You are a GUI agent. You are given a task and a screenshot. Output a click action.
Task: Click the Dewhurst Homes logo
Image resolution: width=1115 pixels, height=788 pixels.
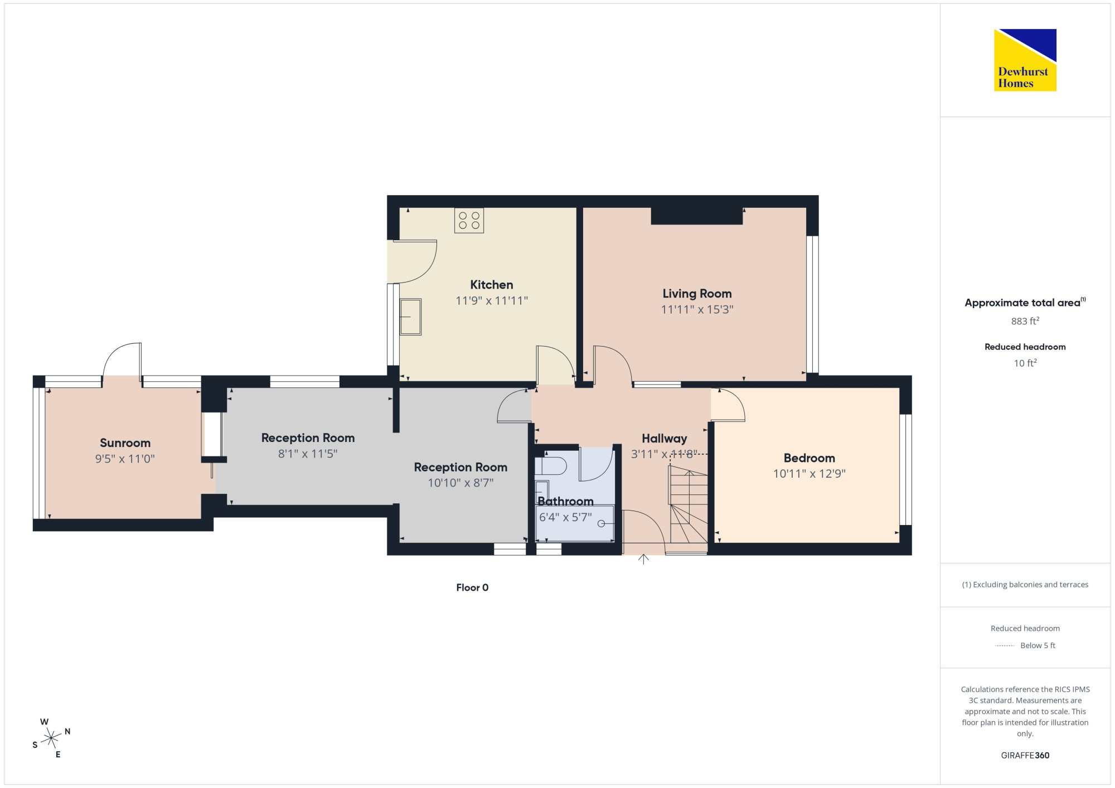pos(1025,60)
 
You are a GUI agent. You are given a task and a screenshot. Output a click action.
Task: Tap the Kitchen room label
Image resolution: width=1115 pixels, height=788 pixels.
pos(491,285)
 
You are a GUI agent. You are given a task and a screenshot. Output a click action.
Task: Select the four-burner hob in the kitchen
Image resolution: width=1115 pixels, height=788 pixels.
pos(469,221)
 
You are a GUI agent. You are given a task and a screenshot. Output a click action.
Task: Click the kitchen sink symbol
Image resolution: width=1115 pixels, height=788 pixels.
pos(410,317)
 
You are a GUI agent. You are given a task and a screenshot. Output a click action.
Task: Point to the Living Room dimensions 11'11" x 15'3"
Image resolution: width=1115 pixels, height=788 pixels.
pos(697,309)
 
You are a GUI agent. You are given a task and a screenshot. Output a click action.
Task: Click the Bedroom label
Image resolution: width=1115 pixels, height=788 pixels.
pos(809,458)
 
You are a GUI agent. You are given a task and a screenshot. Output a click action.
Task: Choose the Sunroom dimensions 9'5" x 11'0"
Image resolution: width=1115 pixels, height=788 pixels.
pos(125,459)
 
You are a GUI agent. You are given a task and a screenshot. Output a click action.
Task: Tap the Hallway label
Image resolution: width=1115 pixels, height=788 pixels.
pos(664,439)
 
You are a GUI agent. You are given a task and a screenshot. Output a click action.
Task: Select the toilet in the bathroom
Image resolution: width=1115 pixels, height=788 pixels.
pos(550,465)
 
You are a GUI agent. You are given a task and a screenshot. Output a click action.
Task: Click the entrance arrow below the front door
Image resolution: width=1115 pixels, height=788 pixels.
pos(643,559)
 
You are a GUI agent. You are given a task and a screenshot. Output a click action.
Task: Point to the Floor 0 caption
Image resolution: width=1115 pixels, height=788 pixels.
pos(472,587)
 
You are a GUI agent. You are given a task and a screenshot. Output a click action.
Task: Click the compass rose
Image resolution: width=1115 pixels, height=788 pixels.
pos(51,738)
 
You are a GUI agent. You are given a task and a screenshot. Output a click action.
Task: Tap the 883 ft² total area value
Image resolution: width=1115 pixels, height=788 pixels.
pos(1025,321)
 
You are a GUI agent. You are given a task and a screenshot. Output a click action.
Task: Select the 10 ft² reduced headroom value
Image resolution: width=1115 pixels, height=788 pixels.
pos(1025,363)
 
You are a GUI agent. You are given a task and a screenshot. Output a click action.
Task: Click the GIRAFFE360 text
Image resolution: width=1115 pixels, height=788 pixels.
pos(1025,756)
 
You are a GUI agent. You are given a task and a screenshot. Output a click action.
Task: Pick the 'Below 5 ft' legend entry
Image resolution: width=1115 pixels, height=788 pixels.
pos(1025,645)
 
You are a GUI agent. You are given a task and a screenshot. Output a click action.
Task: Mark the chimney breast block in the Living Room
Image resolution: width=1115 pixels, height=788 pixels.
pos(697,216)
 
